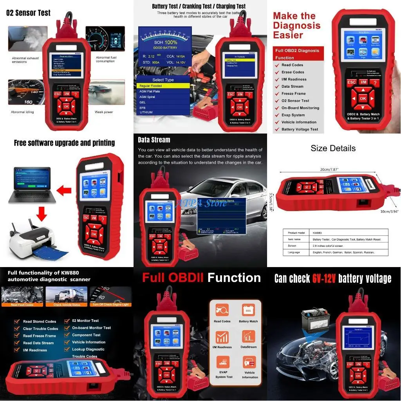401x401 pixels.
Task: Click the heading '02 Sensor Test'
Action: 28,13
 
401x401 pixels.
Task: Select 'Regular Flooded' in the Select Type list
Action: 151,86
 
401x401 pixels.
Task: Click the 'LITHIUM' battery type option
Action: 146,112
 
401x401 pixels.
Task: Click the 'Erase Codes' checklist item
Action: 293,72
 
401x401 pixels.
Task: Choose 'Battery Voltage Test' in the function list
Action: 300,129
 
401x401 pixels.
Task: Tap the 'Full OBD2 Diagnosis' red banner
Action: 297,54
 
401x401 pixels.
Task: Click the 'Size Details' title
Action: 333,148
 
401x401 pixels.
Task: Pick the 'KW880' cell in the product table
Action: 318,232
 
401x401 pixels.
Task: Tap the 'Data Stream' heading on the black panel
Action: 154,140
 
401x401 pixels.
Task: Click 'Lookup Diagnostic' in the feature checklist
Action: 88,349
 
